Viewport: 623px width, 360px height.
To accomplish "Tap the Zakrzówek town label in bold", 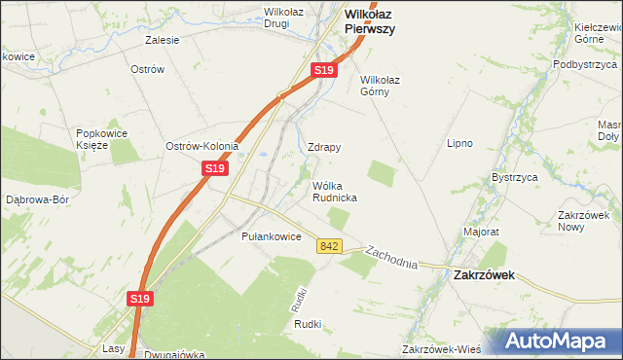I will (484, 275).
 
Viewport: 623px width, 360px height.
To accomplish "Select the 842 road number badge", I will (328, 247).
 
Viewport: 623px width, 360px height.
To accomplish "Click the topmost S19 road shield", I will (324, 71).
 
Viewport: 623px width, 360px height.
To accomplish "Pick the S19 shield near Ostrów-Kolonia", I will (215, 168).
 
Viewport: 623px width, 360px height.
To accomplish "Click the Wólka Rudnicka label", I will (334, 191).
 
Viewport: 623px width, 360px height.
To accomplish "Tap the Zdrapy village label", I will (323, 147).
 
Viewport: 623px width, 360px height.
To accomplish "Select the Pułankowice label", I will (271, 236).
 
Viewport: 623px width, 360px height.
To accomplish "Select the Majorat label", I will (481, 233).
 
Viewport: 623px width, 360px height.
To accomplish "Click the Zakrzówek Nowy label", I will (583, 220).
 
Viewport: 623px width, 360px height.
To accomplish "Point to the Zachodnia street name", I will (391, 257).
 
